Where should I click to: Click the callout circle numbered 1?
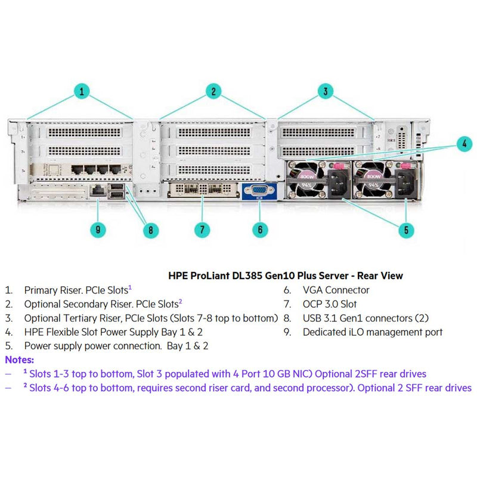point(82,91)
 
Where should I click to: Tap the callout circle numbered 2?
point(213,91)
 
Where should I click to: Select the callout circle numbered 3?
point(325,91)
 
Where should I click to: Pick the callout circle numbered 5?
point(405,230)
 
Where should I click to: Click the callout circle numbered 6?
point(259,230)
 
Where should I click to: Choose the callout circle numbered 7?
point(203,230)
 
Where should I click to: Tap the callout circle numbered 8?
point(151,230)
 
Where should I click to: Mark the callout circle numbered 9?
point(99,230)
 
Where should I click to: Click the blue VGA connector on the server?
point(259,192)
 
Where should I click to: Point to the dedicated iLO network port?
point(98,190)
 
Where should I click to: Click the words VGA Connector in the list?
point(336,290)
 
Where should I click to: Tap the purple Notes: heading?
point(20,360)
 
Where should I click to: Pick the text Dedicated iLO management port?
point(373,332)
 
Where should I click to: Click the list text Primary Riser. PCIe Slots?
point(76,290)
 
